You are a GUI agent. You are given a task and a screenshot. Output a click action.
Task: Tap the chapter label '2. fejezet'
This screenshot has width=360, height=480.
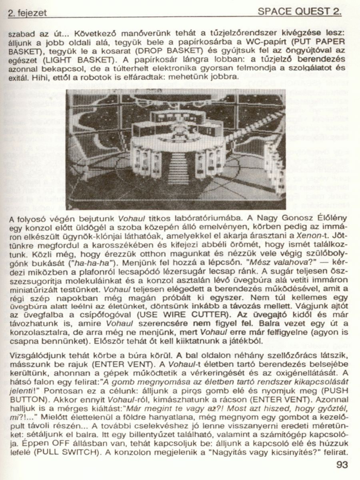pos(27,13)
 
